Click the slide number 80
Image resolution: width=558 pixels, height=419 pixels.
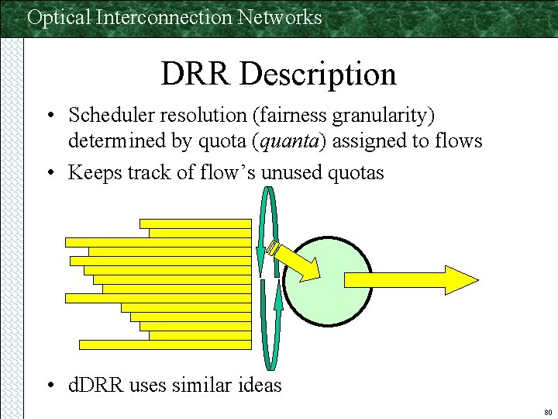point(548,411)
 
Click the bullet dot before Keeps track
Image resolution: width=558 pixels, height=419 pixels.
point(49,173)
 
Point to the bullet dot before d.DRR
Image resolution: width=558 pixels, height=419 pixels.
point(49,385)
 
